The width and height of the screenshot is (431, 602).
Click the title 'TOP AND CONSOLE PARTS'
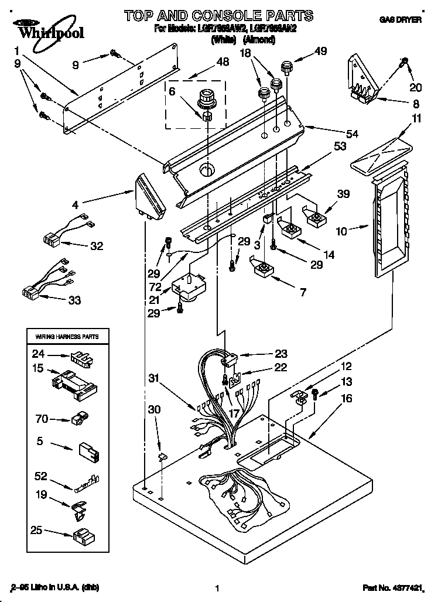[x=217, y=15]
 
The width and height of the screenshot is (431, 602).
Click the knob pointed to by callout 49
[x=286, y=67]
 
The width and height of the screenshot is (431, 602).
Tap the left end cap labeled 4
[x=149, y=195]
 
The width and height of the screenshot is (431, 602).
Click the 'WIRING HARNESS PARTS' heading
[x=67, y=337]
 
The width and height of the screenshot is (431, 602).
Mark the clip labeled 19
[x=80, y=508]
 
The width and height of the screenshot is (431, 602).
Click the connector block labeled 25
[x=80, y=535]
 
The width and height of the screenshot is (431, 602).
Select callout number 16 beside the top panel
[x=346, y=398]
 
